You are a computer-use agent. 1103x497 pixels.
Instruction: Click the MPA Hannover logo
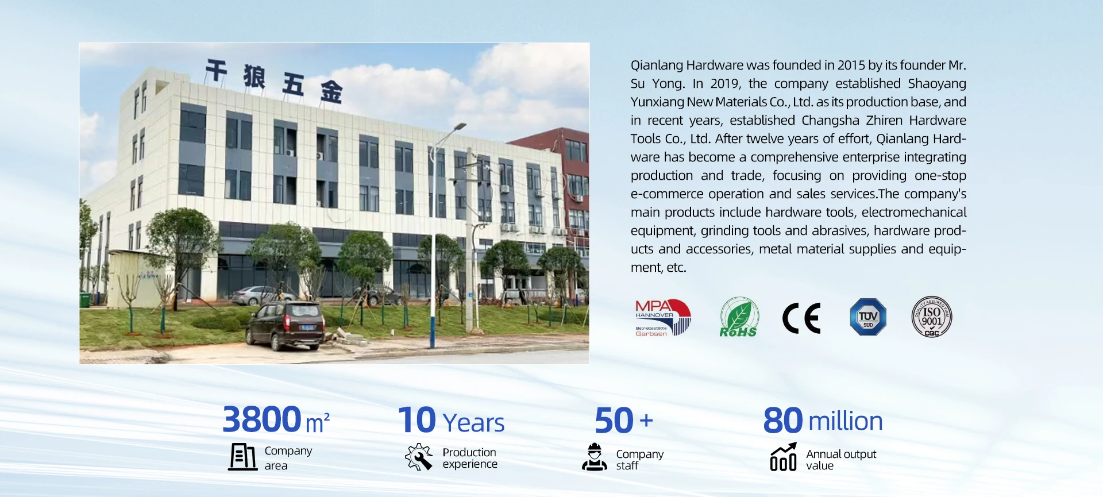click(x=662, y=317)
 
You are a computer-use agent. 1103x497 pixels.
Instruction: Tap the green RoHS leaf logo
click(x=739, y=317)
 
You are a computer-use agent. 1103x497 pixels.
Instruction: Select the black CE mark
click(x=801, y=318)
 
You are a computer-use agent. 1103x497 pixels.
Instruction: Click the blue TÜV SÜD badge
click(x=868, y=317)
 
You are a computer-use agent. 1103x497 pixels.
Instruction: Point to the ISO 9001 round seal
click(x=932, y=317)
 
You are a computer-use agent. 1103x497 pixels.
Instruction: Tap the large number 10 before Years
click(x=417, y=419)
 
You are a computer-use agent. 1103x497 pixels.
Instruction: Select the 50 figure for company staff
click(x=614, y=420)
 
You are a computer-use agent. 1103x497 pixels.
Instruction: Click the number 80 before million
click(x=783, y=421)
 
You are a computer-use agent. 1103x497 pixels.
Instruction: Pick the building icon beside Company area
click(x=242, y=457)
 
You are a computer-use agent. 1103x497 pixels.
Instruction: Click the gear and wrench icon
click(x=419, y=457)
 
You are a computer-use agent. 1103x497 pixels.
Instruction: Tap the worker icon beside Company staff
click(x=595, y=457)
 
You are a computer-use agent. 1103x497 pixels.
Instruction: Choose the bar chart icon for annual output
click(x=784, y=456)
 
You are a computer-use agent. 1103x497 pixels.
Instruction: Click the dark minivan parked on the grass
click(x=285, y=325)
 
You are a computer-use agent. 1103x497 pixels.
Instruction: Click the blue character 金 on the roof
click(x=331, y=91)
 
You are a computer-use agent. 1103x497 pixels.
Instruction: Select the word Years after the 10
click(x=474, y=423)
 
